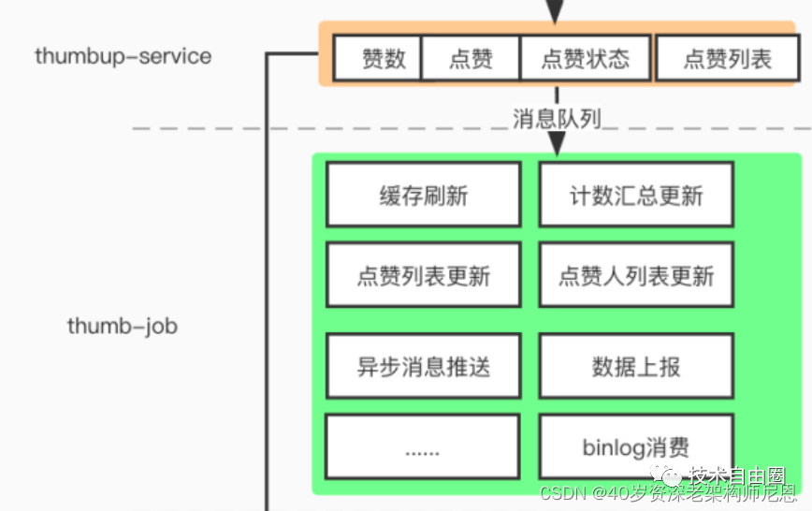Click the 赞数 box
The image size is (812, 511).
pyautogui.click(x=378, y=59)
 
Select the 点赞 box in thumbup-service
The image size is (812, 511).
pyautogui.click(x=470, y=59)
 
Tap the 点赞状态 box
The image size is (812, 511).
pyautogui.click(x=585, y=59)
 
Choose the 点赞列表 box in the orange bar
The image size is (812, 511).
pyautogui.click(x=727, y=59)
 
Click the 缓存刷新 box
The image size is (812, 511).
pyautogui.click(x=423, y=195)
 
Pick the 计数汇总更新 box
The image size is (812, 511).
pyautogui.click(x=636, y=195)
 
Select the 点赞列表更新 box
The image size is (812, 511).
pyautogui.click(x=423, y=274)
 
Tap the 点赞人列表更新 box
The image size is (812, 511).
pyautogui.click(x=636, y=274)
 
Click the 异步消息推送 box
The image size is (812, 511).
pyautogui.click(x=423, y=365)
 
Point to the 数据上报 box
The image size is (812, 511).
pyautogui.click(x=636, y=365)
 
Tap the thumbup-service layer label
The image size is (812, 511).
pyautogui.click(x=123, y=55)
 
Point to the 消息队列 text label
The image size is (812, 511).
pyautogui.click(x=557, y=119)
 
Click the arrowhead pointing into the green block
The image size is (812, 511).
pyautogui.click(x=557, y=144)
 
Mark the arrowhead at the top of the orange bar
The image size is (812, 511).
pyautogui.click(x=556, y=13)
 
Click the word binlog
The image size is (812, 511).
pyautogui.click(x=614, y=447)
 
